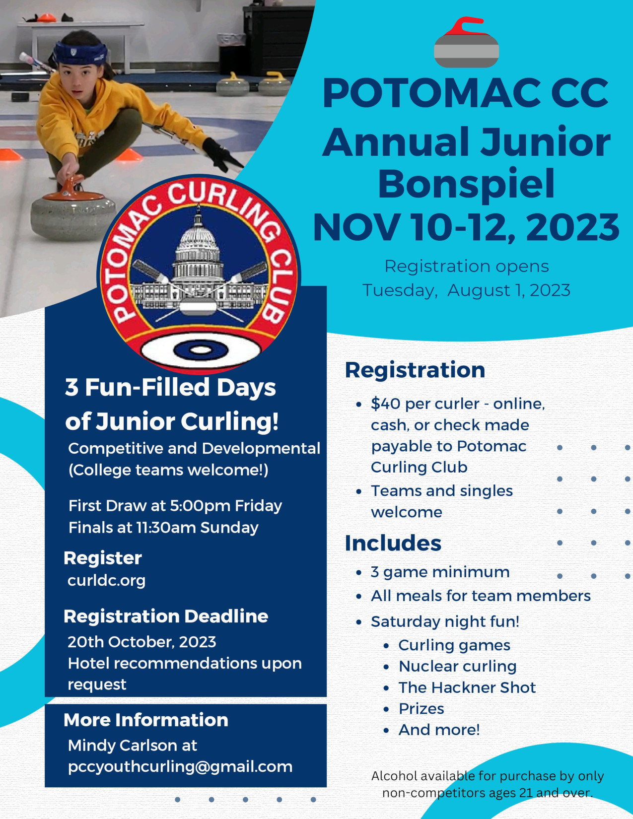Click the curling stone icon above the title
(466, 42)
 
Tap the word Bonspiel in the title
(466, 184)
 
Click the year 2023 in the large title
(572, 227)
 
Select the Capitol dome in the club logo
(198, 241)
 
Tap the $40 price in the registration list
(386, 404)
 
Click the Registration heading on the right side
(415, 370)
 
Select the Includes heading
(393, 543)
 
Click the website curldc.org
(106, 581)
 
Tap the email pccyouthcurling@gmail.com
(180, 767)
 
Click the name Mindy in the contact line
(90, 746)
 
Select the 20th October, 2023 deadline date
(142, 642)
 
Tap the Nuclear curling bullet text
(457, 666)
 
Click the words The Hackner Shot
(467, 687)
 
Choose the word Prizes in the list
(422, 709)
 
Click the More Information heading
(146, 720)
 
